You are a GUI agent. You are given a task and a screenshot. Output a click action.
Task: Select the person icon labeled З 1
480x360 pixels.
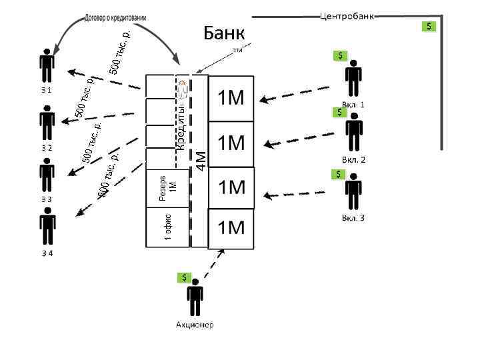(47, 65)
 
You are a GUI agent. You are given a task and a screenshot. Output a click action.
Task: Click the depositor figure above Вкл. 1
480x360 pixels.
(353, 79)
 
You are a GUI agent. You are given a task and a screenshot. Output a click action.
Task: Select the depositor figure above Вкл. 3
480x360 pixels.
(353, 192)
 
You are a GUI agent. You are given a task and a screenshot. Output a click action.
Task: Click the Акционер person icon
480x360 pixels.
(195, 298)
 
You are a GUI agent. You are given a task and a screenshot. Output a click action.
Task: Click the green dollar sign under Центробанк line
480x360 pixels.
(430, 27)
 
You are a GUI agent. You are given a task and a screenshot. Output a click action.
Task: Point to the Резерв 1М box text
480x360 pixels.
(167, 188)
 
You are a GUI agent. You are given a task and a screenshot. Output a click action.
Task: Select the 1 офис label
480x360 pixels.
(168, 227)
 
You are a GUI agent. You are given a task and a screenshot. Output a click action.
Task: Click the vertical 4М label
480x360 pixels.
(200, 158)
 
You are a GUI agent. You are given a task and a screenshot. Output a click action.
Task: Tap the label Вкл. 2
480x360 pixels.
(353, 160)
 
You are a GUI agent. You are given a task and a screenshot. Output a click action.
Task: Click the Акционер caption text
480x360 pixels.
(195, 325)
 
